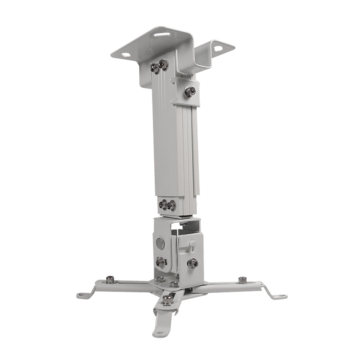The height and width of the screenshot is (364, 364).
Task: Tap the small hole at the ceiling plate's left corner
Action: pos(127,55)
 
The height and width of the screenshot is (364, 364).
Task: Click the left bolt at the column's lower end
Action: pos(162,204)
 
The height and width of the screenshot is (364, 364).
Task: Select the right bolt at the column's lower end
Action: pos(170,205)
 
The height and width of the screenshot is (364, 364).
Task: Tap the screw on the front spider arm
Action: pos(167,300)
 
